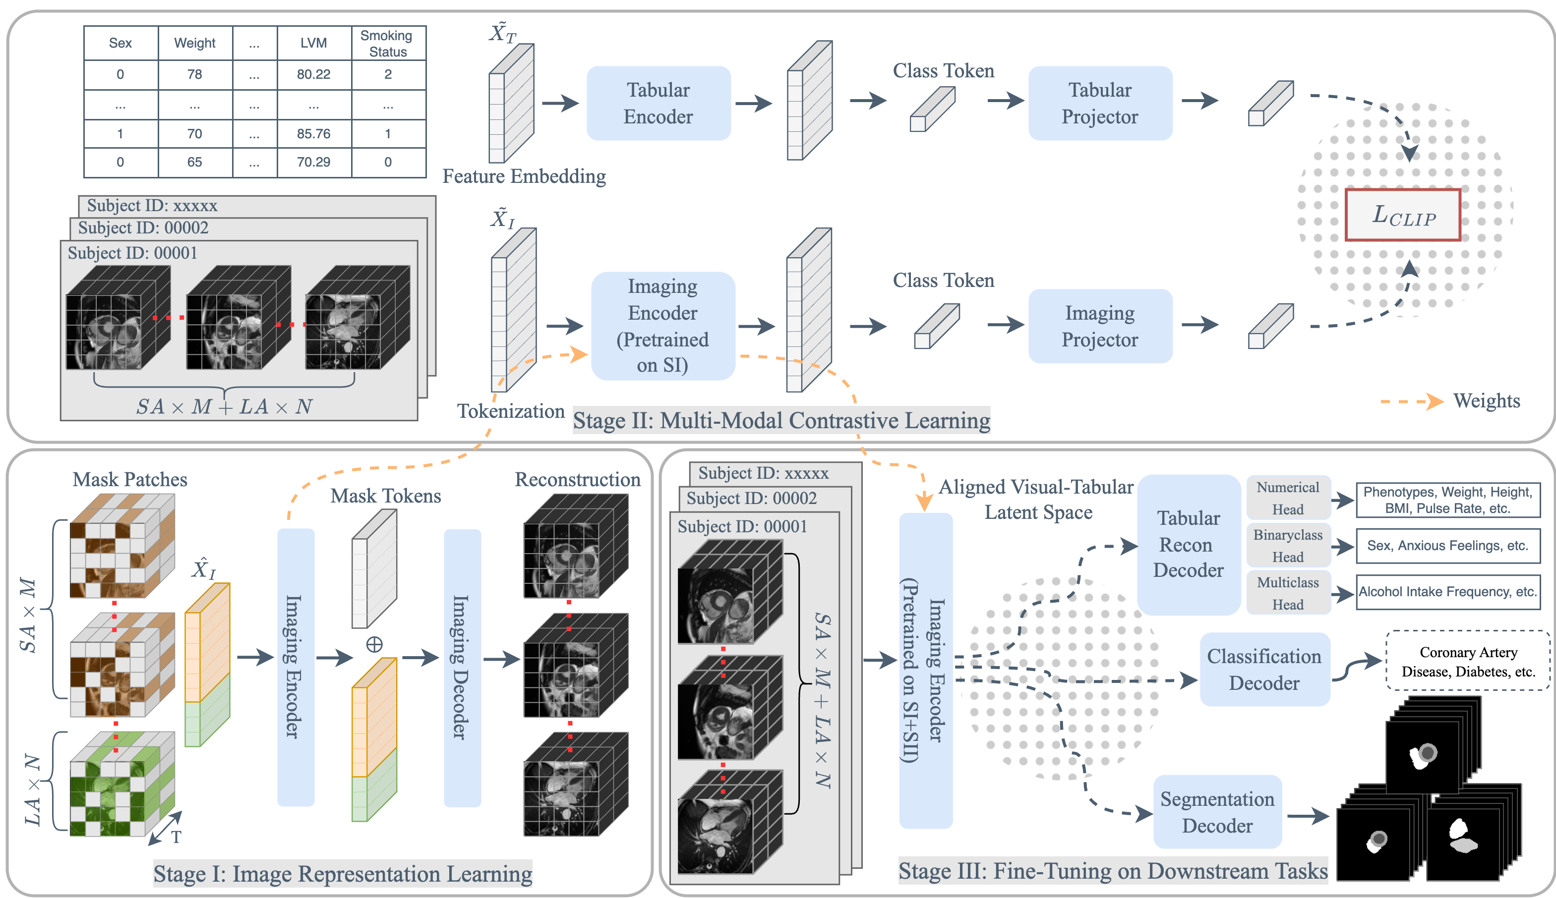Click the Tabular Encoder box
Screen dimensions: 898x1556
click(x=658, y=103)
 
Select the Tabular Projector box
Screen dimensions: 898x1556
click(x=1099, y=103)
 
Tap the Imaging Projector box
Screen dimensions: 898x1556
click(x=1099, y=326)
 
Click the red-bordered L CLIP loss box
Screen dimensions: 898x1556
click(x=1402, y=215)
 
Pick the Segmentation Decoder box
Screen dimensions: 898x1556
click(x=1217, y=812)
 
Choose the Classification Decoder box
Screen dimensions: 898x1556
click(x=1264, y=669)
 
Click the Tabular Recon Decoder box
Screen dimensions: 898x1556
click(x=1188, y=544)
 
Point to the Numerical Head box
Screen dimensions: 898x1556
click(x=1288, y=498)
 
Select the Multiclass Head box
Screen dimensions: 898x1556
click(x=1288, y=593)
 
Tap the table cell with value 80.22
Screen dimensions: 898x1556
click(x=313, y=75)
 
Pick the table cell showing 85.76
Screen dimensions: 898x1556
click(x=313, y=134)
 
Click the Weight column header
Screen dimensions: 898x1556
click(x=194, y=43)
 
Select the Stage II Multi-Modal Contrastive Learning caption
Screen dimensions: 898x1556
click(x=781, y=421)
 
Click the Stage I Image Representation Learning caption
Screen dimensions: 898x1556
click(x=343, y=873)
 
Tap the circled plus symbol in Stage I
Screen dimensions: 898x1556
click(x=374, y=645)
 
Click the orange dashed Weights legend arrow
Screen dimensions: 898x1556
click(x=1412, y=401)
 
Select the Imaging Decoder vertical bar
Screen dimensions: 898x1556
click(x=462, y=668)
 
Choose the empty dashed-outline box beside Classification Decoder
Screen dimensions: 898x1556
click(x=1467, y=660)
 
